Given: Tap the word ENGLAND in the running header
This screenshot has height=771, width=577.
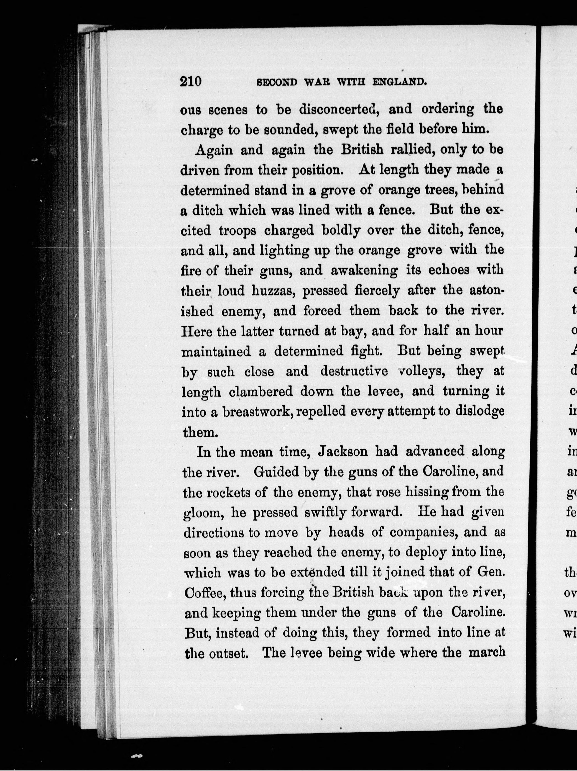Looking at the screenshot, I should coord(399,83).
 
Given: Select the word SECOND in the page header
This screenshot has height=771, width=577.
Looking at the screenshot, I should coord(277,83).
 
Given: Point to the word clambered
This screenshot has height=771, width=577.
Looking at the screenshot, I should coord(261,392).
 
